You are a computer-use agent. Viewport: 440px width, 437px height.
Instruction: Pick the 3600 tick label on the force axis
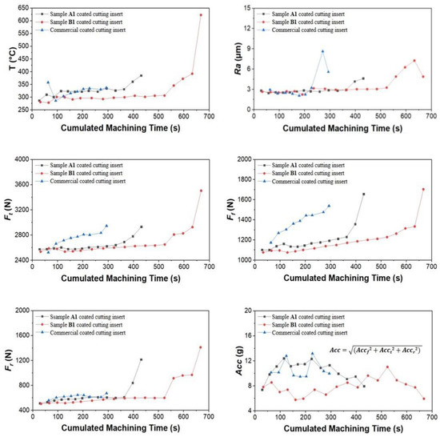(x=19, y=184)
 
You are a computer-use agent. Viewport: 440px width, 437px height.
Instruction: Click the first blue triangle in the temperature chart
(x=48, y=82)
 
